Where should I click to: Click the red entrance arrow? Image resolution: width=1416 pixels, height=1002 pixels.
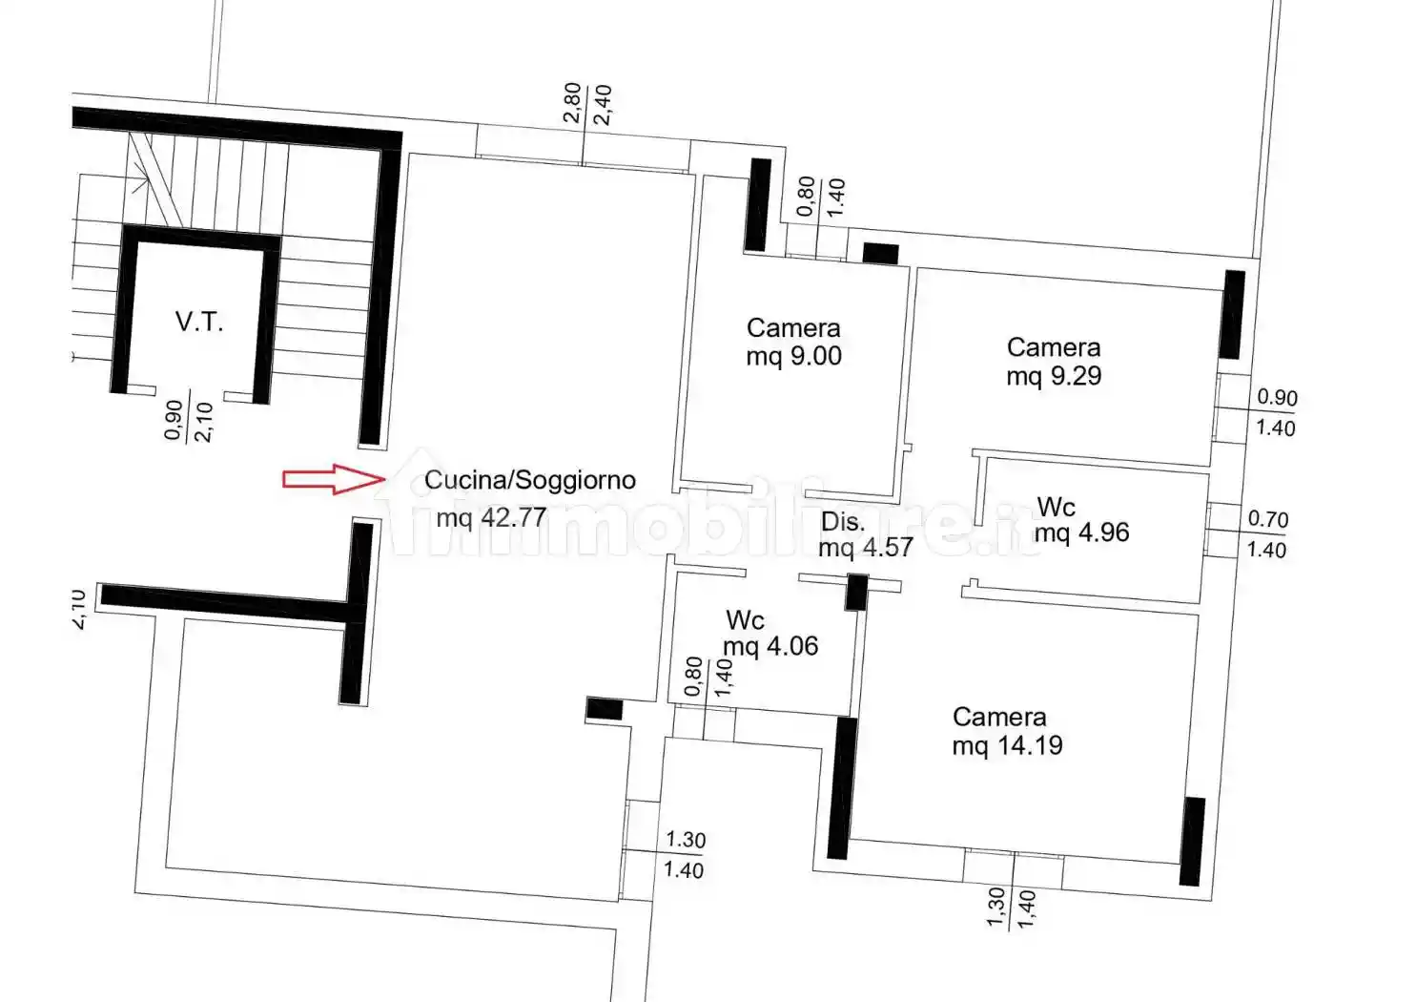[x=334, y=479]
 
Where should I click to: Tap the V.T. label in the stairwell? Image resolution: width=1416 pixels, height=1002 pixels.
[x=199, y=322]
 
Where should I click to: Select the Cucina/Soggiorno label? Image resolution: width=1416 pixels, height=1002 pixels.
[x=530, y=480]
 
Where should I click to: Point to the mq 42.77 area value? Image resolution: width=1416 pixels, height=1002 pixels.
[x=491, y=518]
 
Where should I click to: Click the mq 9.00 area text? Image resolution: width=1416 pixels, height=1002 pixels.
[x=794, y=356]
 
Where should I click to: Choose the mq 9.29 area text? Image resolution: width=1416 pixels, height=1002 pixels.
[x=1054, y=376]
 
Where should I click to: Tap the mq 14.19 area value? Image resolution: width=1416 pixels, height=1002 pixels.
[x=1008, y=745]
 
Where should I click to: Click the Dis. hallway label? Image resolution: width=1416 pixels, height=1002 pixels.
[x=843, y=522]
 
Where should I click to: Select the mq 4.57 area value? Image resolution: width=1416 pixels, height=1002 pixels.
[x=866, y=547]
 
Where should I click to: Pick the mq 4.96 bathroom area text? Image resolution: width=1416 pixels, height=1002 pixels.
[x=1081, y=532]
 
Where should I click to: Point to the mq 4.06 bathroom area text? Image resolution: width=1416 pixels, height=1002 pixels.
[x=770, y=646]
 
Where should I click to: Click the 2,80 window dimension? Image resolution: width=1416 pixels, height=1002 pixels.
[x=571, y=102]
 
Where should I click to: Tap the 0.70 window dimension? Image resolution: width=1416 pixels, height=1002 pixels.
[x=1267, y=519]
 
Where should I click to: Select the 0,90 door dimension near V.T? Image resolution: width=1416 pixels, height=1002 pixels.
[x=174, y=420]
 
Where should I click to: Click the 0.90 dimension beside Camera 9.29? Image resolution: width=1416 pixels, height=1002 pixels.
[x=1277, y=397]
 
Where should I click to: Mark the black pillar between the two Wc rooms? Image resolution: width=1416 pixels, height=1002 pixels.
[x=856, y=592]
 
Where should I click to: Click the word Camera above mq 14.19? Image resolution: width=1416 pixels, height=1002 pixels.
[x=999, y=717]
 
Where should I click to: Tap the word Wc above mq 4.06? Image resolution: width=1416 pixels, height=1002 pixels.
[x=746, y=620]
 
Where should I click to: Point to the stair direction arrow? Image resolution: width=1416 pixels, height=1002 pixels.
[x=138, y=181]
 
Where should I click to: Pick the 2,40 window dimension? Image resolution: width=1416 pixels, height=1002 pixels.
[x=603, y=105]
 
